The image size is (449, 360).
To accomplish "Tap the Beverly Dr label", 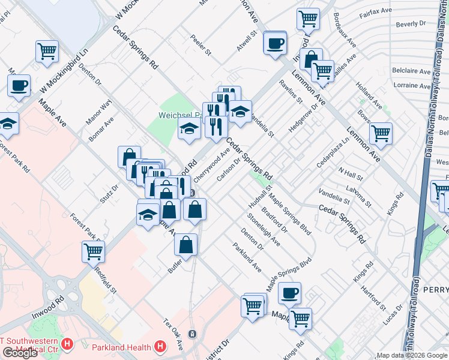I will [x=411, y=25].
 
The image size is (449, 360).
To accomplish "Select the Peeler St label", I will [x=201, y=48].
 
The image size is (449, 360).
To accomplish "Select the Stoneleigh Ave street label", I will [x=264, y=231].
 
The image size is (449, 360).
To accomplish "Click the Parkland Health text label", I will [x=122, y=347].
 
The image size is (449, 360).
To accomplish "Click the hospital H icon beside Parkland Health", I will [x=160, y=346].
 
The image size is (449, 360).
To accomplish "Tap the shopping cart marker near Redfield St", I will [x=94, y=251].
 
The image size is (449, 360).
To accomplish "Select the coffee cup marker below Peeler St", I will [x=275, y=43].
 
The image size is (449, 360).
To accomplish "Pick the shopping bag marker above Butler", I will [x=186, y=244].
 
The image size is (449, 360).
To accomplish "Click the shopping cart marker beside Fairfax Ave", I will [x=308, y=19].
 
